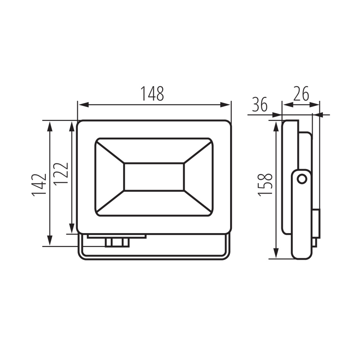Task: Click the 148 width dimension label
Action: point(152,93)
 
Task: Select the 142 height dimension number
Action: point(39,185)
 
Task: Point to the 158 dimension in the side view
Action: point(265,185)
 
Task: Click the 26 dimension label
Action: point(301,94)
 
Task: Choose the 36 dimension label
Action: point(260,104)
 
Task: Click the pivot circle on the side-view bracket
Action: point(302,179)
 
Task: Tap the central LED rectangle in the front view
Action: point(154,177)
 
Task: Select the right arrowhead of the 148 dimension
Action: point(225,105)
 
